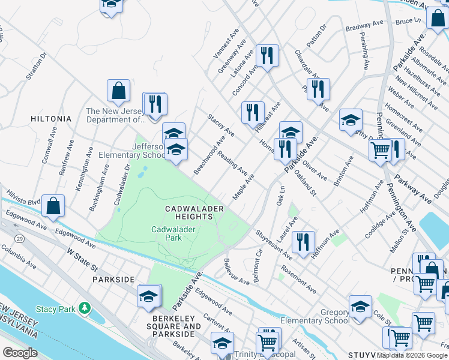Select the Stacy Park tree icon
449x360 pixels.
[x=85, y=308]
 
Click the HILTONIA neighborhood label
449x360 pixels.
[x=51, y=119]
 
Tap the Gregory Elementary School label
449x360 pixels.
[x=318, y=316]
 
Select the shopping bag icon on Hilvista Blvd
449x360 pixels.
[x=53, y=206]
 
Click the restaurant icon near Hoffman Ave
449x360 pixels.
[x=303, y=241]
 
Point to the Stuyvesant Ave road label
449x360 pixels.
[x=273, y=245]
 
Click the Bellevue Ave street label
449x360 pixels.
[x=236, y=272]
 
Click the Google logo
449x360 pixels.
[x=19, y=353]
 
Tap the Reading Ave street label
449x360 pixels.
[x=234, y=163]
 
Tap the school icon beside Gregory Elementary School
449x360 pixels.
[x=360, y=307]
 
